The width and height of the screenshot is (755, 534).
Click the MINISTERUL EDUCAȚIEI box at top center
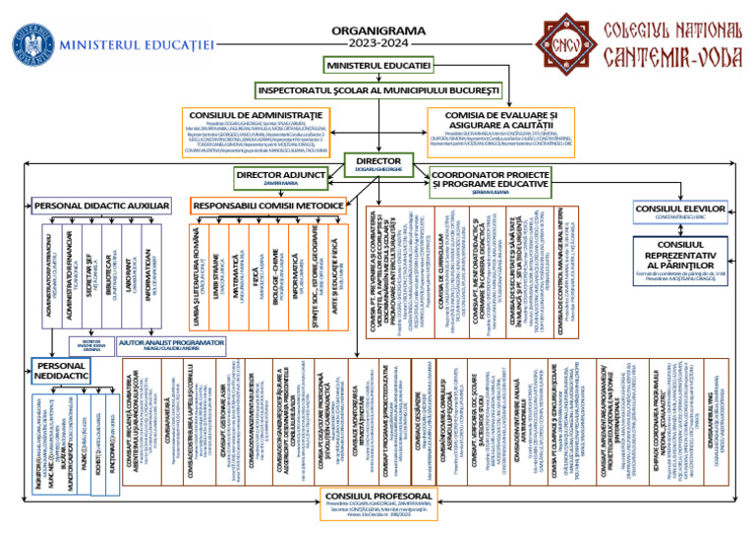coord(378,65)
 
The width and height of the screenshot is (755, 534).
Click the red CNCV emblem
coord(562,43)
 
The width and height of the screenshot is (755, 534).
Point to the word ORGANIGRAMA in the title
coord(378,30)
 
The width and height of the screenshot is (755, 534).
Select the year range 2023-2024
coord(378,44)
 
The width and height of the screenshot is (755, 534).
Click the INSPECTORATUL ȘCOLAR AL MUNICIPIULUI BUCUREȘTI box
coord(378,90)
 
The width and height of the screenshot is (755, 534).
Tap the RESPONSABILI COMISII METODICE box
coord(268,206)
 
